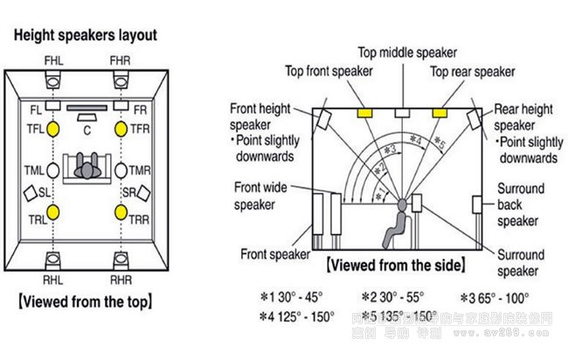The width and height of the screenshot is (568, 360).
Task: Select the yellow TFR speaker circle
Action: pyautogui.click(x=122, y=128)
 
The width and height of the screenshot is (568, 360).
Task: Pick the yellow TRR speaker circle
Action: pyautogui.click(x=122, y=211)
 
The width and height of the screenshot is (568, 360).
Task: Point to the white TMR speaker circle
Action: pyautogui.click(x=122, y=170)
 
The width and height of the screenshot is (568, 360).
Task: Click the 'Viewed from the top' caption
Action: pyautogui.click(x=85, y=302)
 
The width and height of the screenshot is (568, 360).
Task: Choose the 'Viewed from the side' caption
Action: pyautogui.click(x=395, y=264)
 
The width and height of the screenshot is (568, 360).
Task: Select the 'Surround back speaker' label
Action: pyautogui.click(x=521, y=205)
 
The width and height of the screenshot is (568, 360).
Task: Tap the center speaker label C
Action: pyautogui.click(x=87, y=128)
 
